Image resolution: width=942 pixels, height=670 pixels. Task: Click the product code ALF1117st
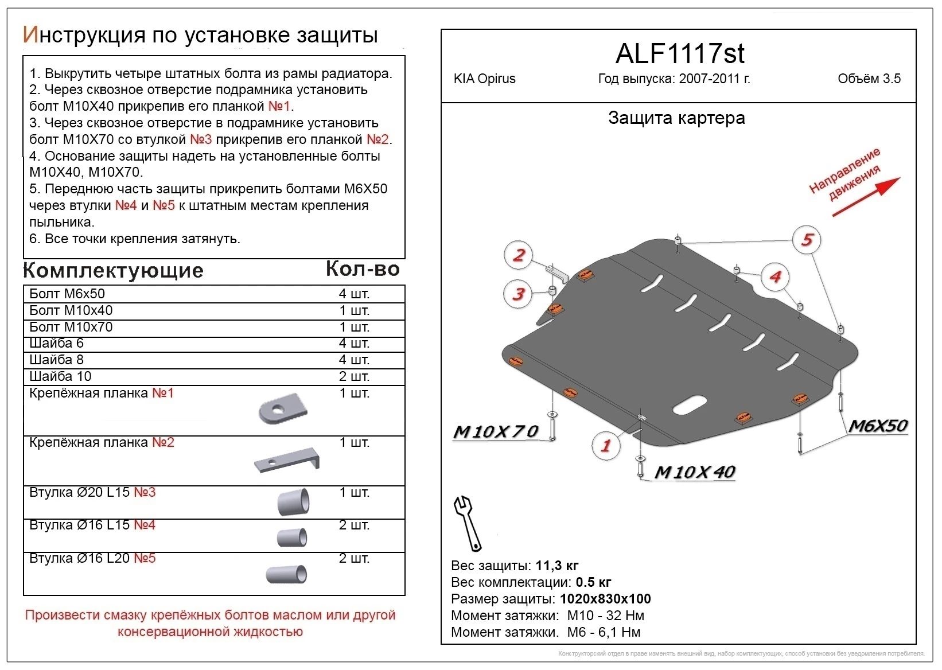coord(679,54)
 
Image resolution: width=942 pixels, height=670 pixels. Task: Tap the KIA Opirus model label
coord(484,79)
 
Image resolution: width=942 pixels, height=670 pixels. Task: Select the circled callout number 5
coord(807,240)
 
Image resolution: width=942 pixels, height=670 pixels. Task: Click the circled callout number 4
coord(775,277)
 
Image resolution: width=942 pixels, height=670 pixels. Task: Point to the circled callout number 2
coord(519,255)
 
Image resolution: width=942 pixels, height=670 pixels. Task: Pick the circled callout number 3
coord(518,294)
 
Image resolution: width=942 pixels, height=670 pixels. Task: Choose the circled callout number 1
coord(605,445)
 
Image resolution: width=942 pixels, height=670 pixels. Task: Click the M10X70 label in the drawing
coord(496,431)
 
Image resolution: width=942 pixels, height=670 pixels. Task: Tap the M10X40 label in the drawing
coord(695,472)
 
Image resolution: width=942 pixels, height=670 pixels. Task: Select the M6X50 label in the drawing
coord(878,426)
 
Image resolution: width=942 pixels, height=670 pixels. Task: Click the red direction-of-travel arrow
coord(866,197)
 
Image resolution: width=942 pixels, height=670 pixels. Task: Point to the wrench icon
coord(467,523)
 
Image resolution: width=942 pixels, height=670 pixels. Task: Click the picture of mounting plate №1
coord(283,409)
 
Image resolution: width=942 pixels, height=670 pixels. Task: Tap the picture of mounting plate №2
coord(287,460)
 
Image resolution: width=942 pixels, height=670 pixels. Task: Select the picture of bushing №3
coord(293,503)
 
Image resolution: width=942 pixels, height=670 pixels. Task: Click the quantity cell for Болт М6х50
coord(354,294)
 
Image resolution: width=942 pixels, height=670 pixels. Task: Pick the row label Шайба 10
coord(60,377)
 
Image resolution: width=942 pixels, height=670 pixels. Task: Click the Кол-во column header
coord(363,268)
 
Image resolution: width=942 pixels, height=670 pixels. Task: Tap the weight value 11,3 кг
coord(557,566)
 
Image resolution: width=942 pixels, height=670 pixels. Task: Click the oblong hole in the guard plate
coord(690,404)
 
